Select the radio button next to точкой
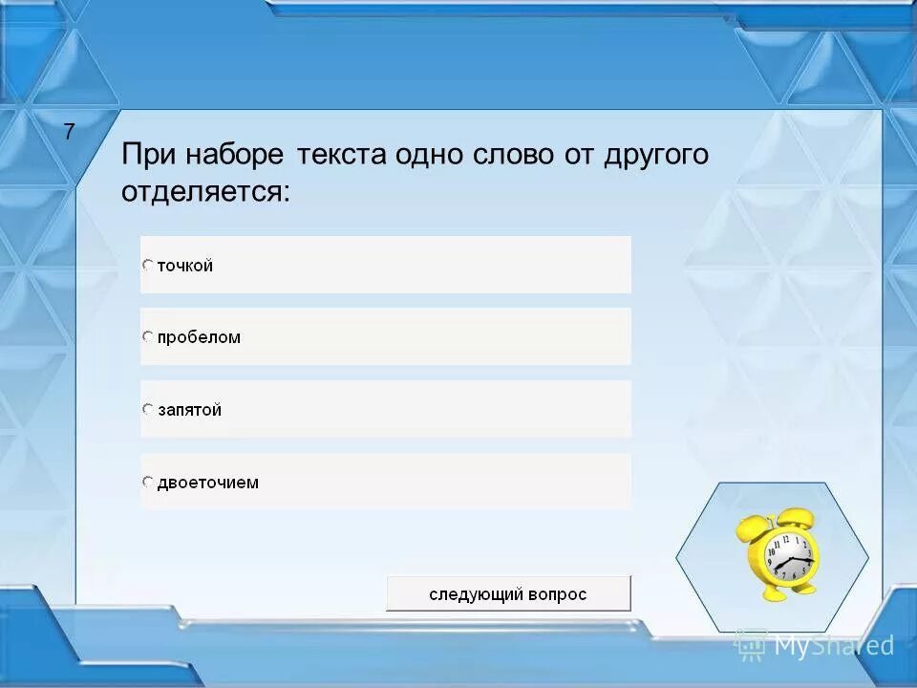click(148, 265)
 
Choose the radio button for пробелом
click(148, 336)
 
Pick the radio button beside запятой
click(148, 409)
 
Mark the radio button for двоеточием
click(148, 482)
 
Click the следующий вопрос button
click(508, 593)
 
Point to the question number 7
click(69, 133)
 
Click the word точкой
click(185, 266)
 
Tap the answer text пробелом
click(199, 337)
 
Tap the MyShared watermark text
click(833, 645)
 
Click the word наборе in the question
click(233, 155)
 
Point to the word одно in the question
click(427, 155)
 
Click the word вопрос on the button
click(554, 594)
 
